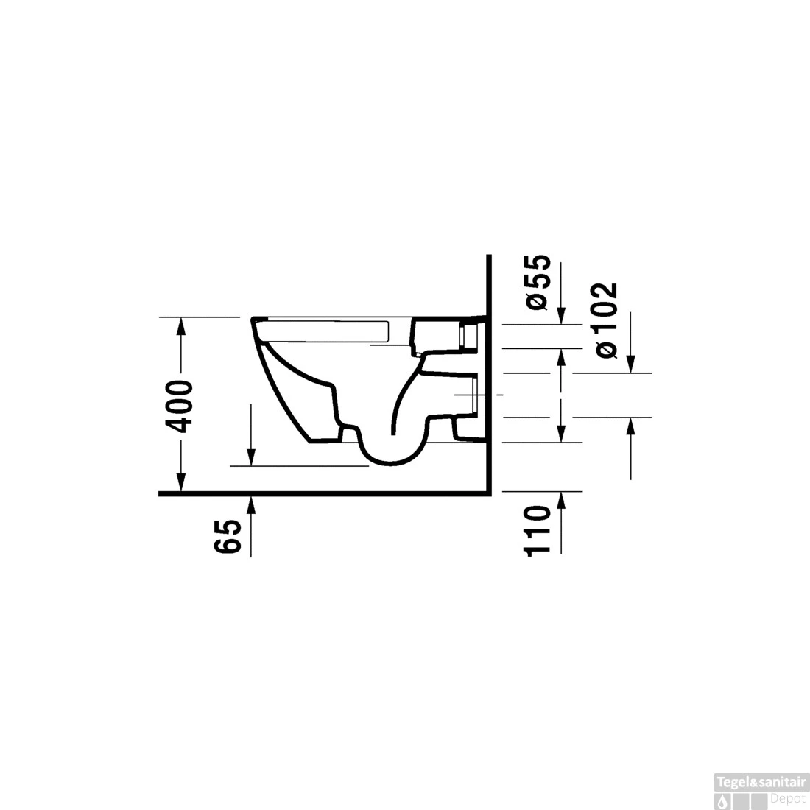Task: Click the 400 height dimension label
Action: tap(179, 406)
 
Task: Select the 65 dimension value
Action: tap(228, 537)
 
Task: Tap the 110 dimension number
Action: tap(537, 531)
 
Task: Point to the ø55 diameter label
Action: tap(538, 282)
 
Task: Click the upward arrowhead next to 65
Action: tap(251, 504)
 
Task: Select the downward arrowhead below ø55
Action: tap(562, 316)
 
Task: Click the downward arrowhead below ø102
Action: tap(631, 364)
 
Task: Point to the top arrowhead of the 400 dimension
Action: tap(180, 326)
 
